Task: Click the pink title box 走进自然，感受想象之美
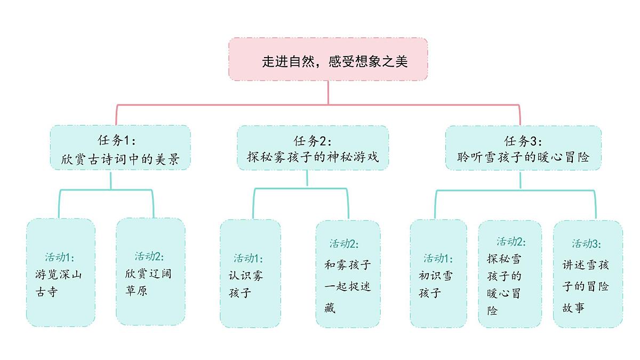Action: pyautogui.click(x=328, y=59)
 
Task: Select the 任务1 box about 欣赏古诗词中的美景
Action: pyautogui.click(x=120, y=148)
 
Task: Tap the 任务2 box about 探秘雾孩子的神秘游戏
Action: pyautogui.click(x=313, y=148)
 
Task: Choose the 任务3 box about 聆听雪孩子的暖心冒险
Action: pyautogui.click(x=523, y=148)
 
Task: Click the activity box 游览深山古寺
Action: pyautogui.click(x=61, y=272)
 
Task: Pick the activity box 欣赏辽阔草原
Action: pyautogui.click(x=151, y=272)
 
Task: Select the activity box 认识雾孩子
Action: pyautogui.click(x=250, y=273)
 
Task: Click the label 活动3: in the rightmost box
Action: pyautogui.click(x=587, y=244)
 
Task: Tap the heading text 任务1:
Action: pyautogui.click(x=117, y=140)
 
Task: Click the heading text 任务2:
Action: pyautogui.click(x=313, y=141)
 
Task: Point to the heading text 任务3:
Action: pyautogui.click(x=523, y=141)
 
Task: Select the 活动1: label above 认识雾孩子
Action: pyautogui.click(x=248, y=258)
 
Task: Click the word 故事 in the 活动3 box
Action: pyautogui.click(x=574, y=308)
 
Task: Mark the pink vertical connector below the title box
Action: pyautogui.click(x=328, y=92)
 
